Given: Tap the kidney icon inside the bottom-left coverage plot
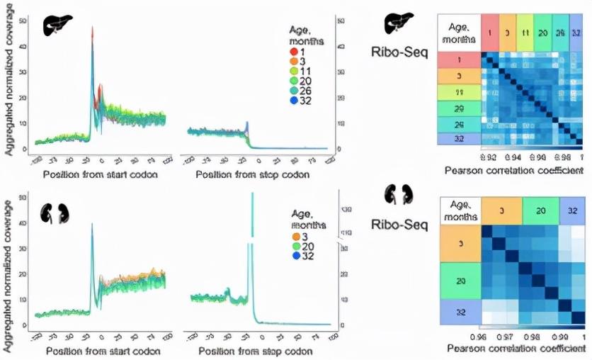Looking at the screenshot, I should [55, 213].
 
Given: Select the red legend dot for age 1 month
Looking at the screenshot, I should [294, 52].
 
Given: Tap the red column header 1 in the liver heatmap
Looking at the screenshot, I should [489, 33].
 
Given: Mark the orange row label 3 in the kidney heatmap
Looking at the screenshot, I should [460, 243].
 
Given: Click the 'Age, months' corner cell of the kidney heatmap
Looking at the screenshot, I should [460, 210].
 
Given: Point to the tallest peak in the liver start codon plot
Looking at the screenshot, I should [92, 30].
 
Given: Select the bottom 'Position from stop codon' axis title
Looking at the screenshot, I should [249, 351].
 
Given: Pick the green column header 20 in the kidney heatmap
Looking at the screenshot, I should [540, 211].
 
